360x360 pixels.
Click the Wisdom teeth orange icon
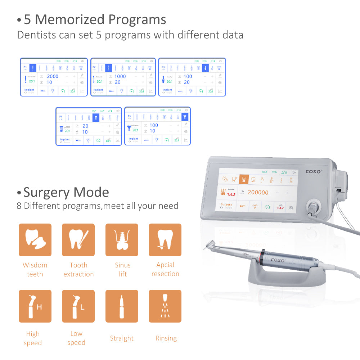[35, 240]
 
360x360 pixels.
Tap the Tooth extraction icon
[78, 240]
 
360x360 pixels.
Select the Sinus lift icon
[122, 240]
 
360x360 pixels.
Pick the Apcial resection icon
[165, 240]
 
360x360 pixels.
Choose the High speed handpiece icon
[35, 306]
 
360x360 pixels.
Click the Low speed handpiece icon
[78, 306]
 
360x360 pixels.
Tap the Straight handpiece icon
[122, 306]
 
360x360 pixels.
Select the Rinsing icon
[165, 306]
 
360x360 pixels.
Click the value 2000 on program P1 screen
[53, 76]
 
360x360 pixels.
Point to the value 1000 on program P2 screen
[120, 76]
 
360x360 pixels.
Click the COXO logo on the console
[314, 171]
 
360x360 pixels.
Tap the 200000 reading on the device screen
[258, 193]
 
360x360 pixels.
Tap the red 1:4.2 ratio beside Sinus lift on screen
[231, 195]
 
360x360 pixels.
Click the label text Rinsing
[166, 338]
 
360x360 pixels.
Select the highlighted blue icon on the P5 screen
[185, 117]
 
